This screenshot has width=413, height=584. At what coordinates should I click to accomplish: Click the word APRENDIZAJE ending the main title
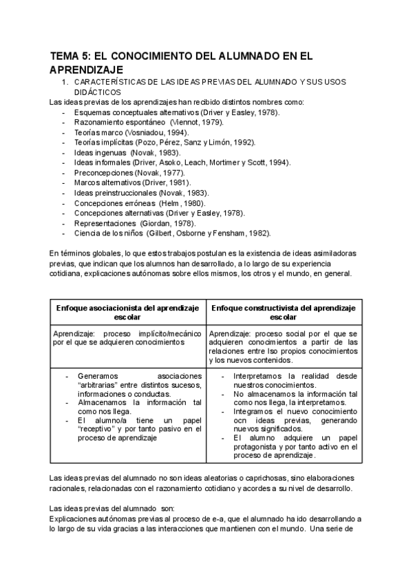click(x=86, y=70)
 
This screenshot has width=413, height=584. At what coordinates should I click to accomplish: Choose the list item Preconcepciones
click(x=105, y=173)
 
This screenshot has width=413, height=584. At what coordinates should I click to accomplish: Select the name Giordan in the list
click(x=156, y=223)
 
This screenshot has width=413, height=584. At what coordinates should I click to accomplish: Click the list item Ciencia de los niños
click(x=106, y=233)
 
